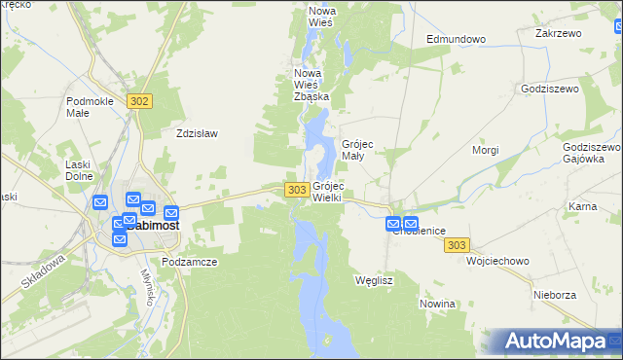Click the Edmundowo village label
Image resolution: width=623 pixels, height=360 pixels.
point(456,39)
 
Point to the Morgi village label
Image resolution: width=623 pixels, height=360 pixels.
point(485,150)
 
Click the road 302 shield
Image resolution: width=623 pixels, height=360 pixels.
point(140,101)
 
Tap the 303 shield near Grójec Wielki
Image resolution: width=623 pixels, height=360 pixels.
point(298,189)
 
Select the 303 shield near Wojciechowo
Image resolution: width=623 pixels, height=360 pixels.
point(458,246)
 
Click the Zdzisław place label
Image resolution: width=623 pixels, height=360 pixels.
point(196,134)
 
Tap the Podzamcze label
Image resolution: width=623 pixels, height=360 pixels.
point(190,262)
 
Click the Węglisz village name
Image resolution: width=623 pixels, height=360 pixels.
point(375,279)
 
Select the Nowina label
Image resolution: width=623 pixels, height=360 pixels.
point(437,304)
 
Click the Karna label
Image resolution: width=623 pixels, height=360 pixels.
point(582,206)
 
